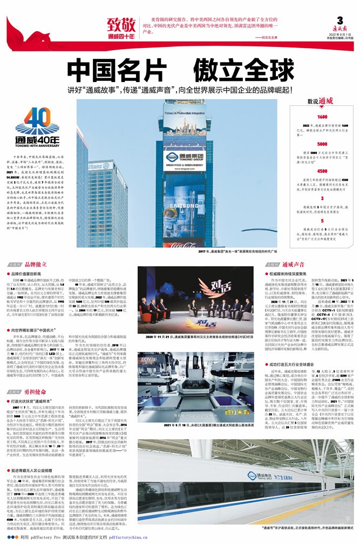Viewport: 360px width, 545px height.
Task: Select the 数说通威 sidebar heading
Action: (x=321, y=101)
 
